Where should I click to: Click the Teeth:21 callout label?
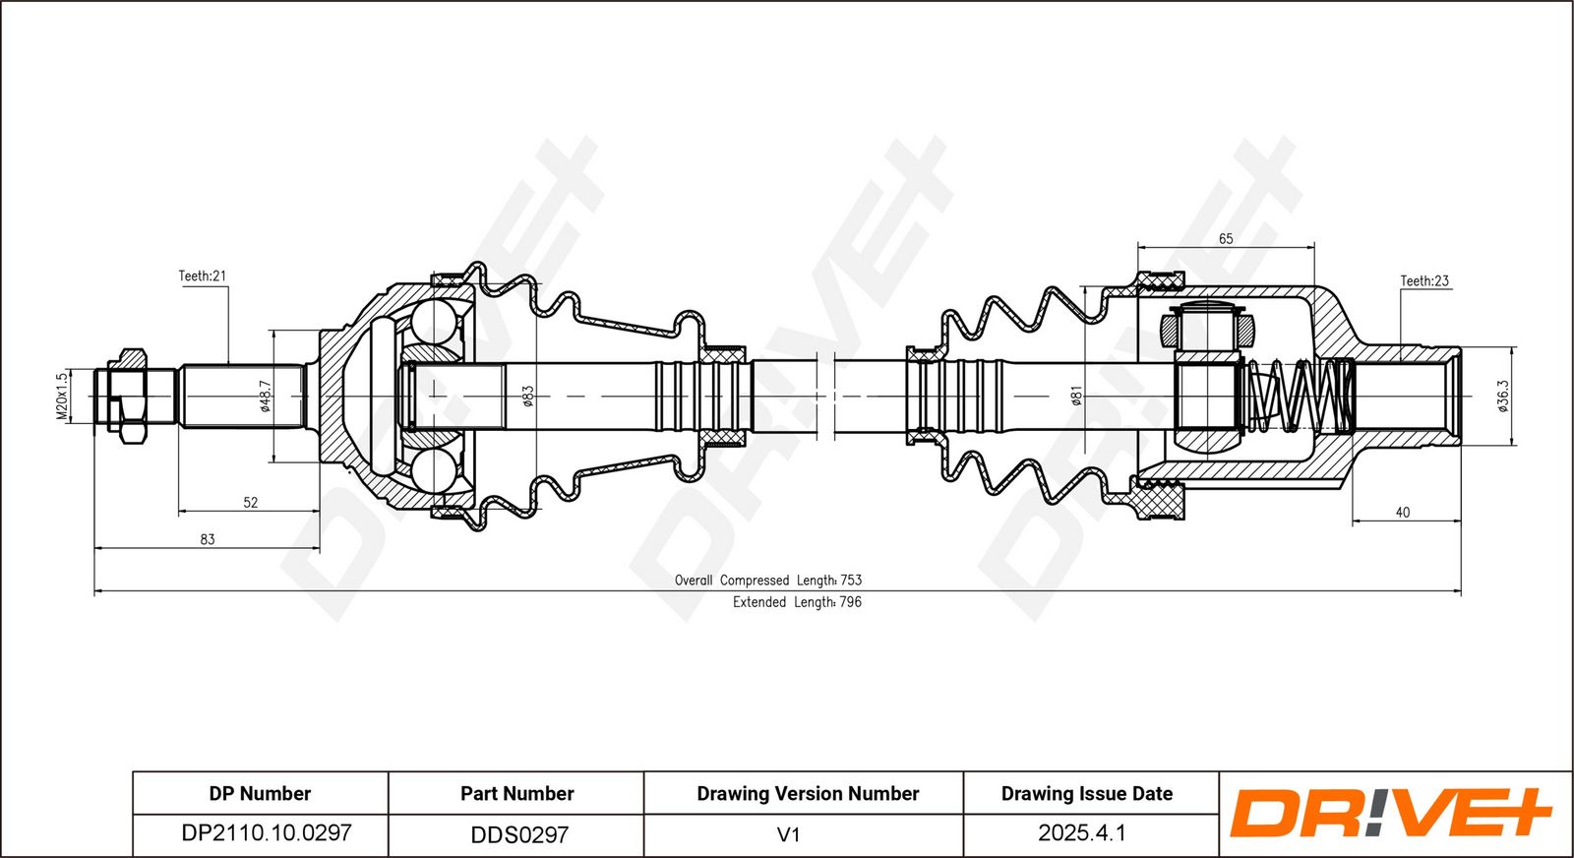tap(203, 276)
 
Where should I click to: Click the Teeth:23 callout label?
tap(1424, 281)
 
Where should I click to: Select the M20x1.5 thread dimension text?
tap(63, 397)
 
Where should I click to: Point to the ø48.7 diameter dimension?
tap(265, 397)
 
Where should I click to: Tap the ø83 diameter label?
tap(528, 397)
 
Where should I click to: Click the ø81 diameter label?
tap(1076, 397)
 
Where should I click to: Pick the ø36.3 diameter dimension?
tap(1502, 397)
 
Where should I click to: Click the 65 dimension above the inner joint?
tap(1226, 239)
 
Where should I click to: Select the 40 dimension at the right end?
tap(1403, 513)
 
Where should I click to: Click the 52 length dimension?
tap(251, 503)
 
